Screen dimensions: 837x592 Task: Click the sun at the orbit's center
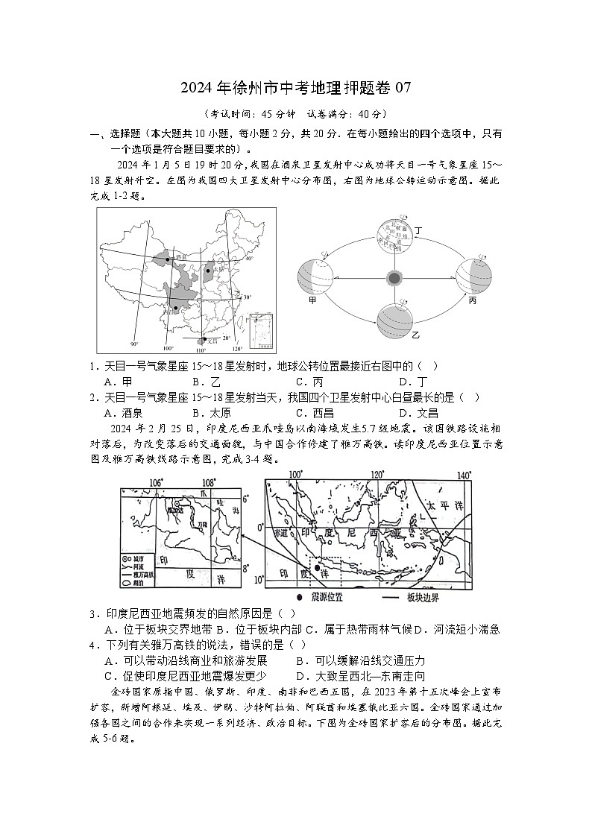point(394,278)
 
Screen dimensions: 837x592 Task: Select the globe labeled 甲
point(314,278)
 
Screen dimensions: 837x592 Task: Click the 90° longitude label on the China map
point(134,344)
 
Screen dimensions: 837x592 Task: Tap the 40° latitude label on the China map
point(249,259)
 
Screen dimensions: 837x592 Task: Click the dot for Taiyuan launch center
point(208,271)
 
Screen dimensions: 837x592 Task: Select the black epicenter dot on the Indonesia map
point(318,568)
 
